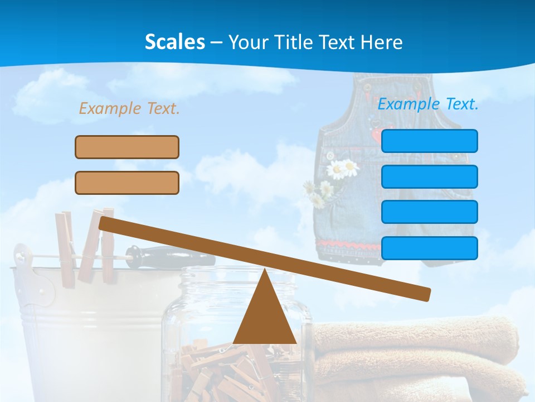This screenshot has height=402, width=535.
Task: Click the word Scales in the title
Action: click(x=174, y=42)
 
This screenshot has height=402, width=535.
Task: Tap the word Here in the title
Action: click(x=381, y=42)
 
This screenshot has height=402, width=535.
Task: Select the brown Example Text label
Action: click(x=129, y=108)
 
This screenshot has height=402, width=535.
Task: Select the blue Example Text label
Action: click(x=428, y=104)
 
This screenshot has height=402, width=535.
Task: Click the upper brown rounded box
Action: click(x=127, y=147)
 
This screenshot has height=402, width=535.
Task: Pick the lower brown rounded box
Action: click(x=127, y=183)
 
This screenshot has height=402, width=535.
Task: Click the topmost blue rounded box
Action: click(x=429, y=141)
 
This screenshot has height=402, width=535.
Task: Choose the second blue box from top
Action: click(x=429, y=176)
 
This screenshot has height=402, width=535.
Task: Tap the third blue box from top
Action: click(x=429, y=212)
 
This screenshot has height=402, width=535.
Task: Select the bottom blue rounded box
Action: click(x=429, y=248)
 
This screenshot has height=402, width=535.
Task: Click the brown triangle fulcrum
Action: click(x=264, y=315)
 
